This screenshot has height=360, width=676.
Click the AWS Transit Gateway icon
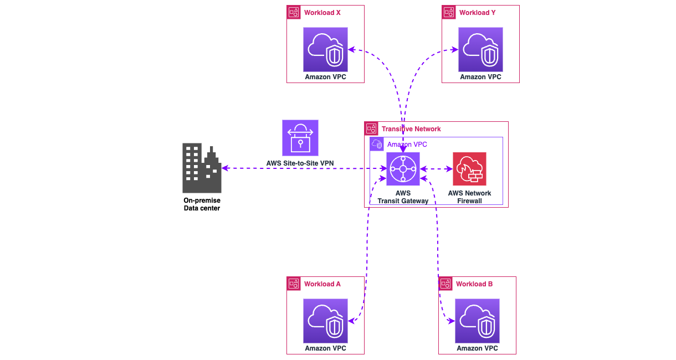pos(403,169)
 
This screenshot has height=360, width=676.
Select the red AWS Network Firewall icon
pos(469,169)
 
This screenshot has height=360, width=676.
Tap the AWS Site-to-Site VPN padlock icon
pos(300,138)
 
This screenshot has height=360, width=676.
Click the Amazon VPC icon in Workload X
pos(325,50)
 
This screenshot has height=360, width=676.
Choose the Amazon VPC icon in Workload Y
pos(480,50)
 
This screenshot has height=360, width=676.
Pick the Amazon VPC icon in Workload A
pos(325,321)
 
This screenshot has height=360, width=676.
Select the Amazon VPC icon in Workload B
pos(477,321)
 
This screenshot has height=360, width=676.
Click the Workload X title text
pos(322,13)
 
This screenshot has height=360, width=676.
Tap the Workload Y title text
pos(478,13)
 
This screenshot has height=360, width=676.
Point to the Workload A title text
pos(322,284)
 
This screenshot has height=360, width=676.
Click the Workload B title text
pos(474,284)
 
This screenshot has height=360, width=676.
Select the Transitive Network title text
pos(411,129)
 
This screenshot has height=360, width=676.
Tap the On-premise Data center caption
pos(202,204)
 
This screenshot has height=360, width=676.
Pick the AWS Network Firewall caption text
pos(469,197)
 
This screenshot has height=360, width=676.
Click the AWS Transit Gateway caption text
pos(403,197)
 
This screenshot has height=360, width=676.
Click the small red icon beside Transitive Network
pos(371,128)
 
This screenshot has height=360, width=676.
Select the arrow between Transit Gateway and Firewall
pos(436,169)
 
